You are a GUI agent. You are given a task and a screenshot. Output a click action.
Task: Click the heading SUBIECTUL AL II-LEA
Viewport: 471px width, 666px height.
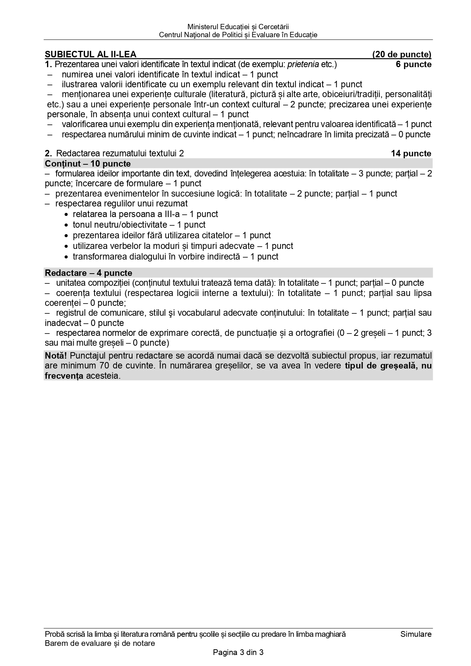click(x=90, y=54)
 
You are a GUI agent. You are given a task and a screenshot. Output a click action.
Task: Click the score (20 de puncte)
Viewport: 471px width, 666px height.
click(x=402, y=54)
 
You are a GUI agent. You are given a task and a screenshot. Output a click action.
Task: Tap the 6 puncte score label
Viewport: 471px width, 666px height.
click(x=414, y=65)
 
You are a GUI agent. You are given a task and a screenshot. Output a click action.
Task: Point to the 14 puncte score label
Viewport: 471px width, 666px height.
click(x=411, y=154)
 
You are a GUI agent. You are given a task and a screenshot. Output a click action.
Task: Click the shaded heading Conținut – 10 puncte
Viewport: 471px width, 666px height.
click(x=88, y=164)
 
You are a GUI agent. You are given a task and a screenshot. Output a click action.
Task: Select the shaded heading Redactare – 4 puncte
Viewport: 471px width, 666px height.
click(x=88, y=273)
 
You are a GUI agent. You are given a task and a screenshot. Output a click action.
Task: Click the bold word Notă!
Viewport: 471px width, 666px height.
click(x=56, y=356)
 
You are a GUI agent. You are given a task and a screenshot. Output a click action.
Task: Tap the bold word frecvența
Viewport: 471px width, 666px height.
click(x=64, y=376)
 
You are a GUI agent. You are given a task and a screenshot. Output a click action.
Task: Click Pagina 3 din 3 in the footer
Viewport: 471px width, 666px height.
click(x=238, y=653)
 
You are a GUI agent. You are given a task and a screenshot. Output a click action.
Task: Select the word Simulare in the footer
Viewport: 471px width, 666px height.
click(x=416, y=634)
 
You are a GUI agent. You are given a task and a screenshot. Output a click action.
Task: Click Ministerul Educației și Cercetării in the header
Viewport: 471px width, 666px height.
click(x=238, y=27)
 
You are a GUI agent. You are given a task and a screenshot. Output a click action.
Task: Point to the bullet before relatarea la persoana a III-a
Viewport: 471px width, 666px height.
click(x=67, y=215)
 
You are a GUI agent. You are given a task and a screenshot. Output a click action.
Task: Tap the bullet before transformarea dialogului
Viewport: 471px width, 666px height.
click(x=67, y=257)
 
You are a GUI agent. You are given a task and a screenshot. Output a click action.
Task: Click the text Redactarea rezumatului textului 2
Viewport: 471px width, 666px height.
click(x=120, y=154)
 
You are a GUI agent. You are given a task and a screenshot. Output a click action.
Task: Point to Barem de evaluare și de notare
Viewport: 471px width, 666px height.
click(x=100, y=643)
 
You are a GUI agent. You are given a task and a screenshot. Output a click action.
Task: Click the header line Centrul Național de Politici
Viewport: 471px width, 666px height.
click(x=238, y=35)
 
